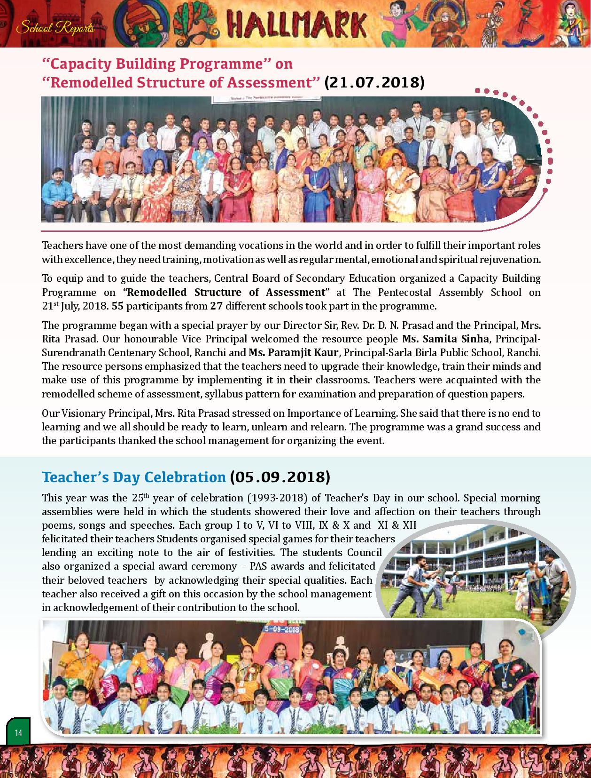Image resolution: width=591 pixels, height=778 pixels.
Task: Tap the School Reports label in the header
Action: point(55,28)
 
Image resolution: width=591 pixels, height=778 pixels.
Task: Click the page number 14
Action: point(18,733)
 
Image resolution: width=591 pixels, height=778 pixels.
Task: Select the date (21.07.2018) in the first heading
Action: point(374,82)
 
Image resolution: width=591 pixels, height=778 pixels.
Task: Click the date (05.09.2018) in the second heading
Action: point(280,477)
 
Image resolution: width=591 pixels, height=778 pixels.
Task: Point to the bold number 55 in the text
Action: point(118,306)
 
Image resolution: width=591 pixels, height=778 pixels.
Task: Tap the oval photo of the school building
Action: point(475,577)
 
